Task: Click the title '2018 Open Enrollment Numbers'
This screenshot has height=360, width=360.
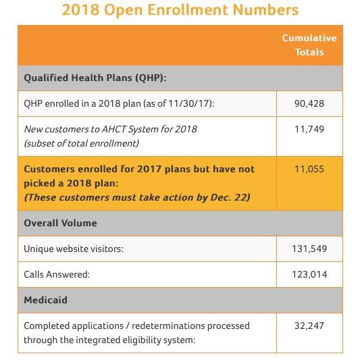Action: [x=180, y=10]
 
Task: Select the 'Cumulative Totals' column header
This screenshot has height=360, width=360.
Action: [x=309, y=45]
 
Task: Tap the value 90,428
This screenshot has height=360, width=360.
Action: [x=309, y=103]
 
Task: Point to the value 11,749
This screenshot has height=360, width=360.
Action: [x=309, y=129]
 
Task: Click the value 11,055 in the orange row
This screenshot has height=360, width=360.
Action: [x=309, y=169]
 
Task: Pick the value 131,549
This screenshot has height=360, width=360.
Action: [x=309, y=249]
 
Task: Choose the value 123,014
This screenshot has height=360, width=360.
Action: [x=309, y=274]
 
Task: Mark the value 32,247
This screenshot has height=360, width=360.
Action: [x=309, y=326]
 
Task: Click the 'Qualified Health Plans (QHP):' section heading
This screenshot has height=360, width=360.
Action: [x=95, y=78]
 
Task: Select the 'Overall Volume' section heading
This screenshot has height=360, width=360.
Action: [x=60, y=223]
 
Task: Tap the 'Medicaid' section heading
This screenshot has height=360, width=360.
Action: [x=45, y=300]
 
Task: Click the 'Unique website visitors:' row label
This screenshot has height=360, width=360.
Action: [x=74, y=249]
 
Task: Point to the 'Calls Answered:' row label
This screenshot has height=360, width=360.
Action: [x=57, y=274]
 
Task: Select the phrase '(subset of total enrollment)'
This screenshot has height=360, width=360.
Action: [x=82, y=143]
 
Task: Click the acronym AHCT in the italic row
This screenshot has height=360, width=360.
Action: [x=113, y=129]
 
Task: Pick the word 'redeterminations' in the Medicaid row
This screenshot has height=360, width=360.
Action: [x=168, y=326]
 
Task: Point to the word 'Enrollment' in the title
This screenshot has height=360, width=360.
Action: [x=188, y=10]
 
